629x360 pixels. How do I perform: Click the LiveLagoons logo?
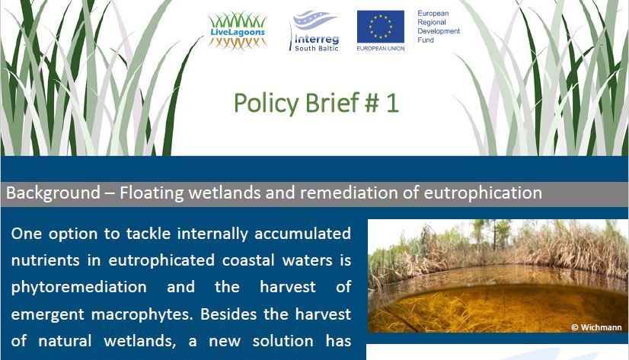(238, 30)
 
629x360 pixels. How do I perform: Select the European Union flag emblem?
(381, 27)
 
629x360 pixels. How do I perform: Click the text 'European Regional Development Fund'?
(439, 27)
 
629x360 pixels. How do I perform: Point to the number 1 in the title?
(392, 103)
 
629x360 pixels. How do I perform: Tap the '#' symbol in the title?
(372, 103)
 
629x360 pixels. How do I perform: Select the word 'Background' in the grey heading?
(53, 193)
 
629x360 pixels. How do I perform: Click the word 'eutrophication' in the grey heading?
(483, 193)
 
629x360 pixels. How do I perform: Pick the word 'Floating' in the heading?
(152, 193)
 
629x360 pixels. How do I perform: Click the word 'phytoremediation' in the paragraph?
(79, 287)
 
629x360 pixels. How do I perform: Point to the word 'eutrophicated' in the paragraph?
(161, 260)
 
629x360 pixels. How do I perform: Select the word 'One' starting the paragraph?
(27, 234)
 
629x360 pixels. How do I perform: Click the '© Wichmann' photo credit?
(596, 327)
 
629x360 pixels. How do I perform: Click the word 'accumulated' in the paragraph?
(303, 234)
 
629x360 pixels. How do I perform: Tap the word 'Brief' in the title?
(332, 103)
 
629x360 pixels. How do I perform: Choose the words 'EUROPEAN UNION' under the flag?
(381, 49)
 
